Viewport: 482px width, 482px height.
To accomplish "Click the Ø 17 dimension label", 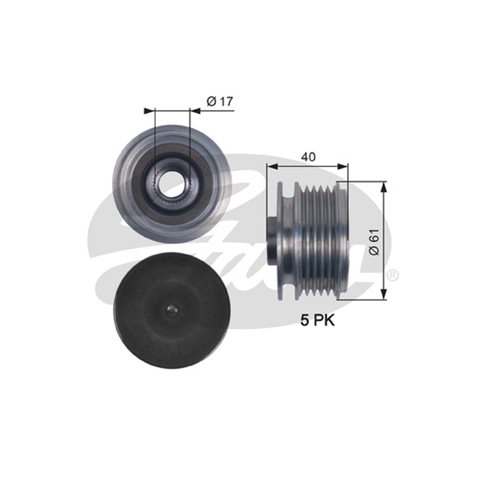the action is click(220, 101).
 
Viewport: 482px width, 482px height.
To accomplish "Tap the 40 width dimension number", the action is click(308, 157).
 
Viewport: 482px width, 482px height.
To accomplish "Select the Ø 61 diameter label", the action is click(374, 242).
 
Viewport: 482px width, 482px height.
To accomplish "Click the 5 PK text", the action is click(318, 321).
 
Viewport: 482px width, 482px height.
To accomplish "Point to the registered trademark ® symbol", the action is click(393, 275).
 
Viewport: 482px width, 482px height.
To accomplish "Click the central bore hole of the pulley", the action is click(172, 185).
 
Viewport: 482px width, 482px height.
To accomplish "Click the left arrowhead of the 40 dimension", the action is click(272, 167).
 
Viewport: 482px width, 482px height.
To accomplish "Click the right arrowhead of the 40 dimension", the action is click(343, 167).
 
